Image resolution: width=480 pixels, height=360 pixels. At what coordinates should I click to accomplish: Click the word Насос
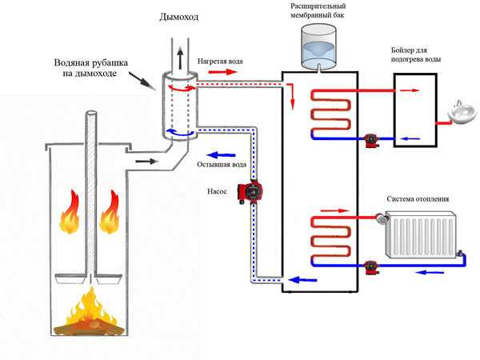(218, 192)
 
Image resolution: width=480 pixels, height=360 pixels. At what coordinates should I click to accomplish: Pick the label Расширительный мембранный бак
(318, 11)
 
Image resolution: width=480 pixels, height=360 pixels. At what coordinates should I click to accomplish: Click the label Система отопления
(417, 200)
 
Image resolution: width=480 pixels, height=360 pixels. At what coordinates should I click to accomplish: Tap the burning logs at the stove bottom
(85, 319)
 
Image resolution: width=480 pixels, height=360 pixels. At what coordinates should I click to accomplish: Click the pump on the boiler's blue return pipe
(370, 139)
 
